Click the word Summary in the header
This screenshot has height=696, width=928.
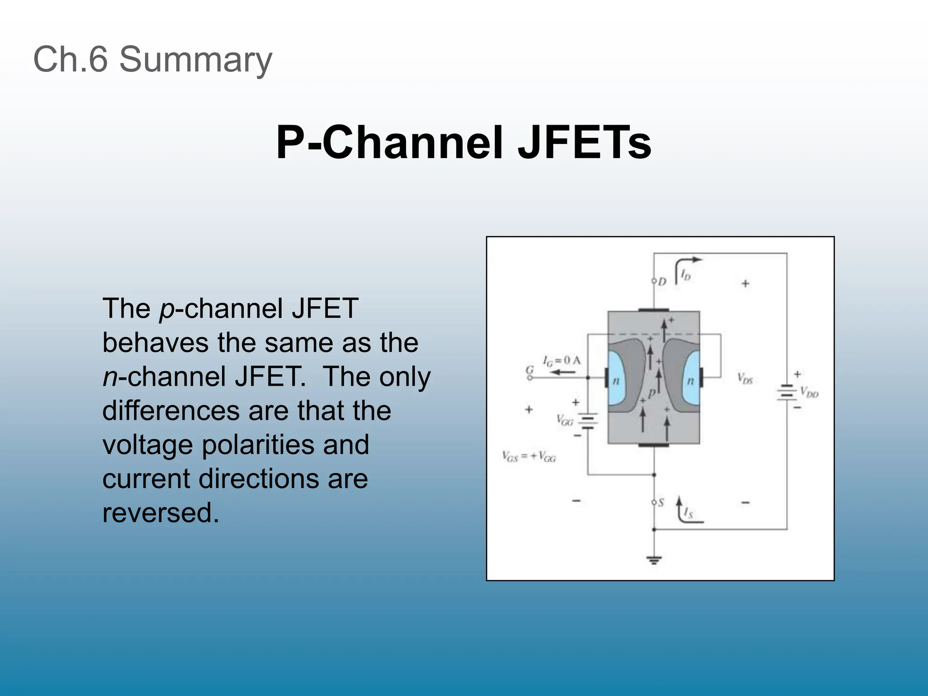(195, 59)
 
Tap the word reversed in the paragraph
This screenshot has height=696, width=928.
(161, 512)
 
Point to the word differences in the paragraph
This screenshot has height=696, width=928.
(171, 411)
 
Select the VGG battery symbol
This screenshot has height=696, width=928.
(588, 420)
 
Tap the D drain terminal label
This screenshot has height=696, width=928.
(662, 282)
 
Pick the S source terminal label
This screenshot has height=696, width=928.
(661, 503)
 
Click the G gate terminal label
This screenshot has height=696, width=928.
(529, 371)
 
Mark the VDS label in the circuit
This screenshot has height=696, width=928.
(744, 378)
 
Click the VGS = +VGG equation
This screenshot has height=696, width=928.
(529, 456)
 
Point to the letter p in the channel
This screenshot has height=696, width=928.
(652, 393)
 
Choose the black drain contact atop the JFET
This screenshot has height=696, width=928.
(653, 310)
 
